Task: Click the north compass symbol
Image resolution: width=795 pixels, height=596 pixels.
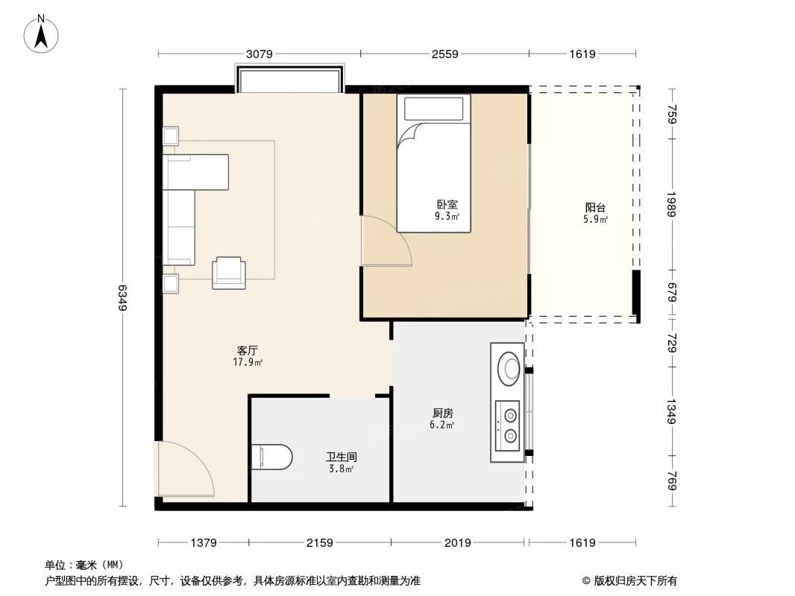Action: (43, 34)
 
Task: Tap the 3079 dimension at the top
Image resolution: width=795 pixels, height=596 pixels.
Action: (259, 54)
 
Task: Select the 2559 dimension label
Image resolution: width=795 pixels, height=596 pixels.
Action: (444, 54)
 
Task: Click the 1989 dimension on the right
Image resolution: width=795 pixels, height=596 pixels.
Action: (672, 203)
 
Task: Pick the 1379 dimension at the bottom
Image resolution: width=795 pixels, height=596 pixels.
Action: (203, 543)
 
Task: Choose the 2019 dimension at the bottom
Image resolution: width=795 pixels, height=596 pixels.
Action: (458, 543)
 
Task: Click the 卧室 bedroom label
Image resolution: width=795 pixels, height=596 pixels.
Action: (447, 205)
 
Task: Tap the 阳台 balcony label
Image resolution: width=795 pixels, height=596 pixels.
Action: (595, 208)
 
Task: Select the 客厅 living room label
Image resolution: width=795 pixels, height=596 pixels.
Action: (248, 351)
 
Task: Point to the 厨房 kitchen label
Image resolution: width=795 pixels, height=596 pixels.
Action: (443, 413)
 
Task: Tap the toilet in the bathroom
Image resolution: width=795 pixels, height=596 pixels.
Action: (272, 456)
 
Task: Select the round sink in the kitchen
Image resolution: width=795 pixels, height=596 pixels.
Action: (511, 367)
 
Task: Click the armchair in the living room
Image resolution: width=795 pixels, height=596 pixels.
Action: (228, 272)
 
